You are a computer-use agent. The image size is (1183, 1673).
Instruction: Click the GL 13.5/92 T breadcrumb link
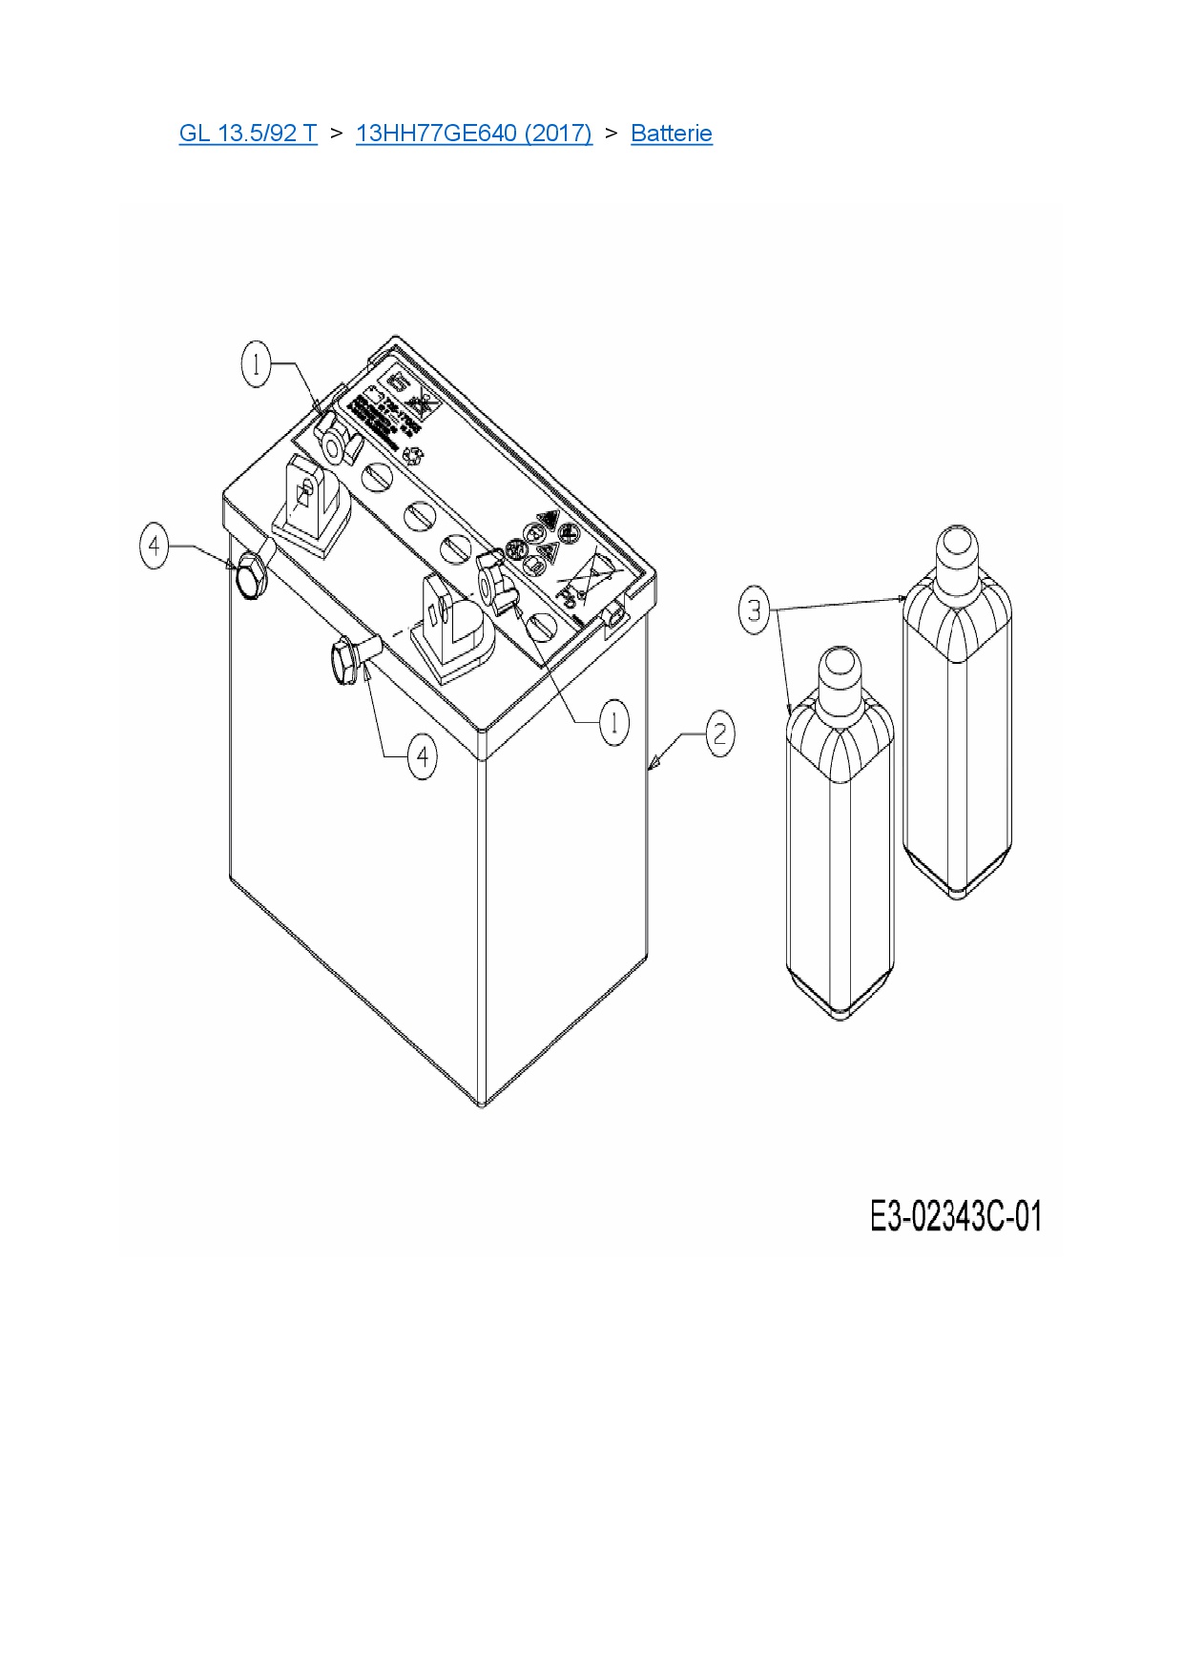click(247, 133)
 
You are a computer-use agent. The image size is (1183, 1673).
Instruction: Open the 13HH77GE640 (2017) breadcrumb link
click(473, 133)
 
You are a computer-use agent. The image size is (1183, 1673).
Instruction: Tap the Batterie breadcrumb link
click(671, 133)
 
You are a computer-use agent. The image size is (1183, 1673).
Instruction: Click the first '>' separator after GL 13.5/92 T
click(336, 133)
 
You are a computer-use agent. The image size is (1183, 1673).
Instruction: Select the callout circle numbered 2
click(719, 733)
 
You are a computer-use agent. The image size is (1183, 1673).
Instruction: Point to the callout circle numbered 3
click(755, 609)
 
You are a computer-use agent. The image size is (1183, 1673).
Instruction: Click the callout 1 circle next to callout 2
click(613, 722)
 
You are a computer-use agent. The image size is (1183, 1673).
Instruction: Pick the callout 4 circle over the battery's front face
click(423, 757)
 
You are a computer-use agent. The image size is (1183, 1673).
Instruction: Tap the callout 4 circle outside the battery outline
click(155, 547)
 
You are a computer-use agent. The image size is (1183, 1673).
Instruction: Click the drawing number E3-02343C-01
click(955, 1217)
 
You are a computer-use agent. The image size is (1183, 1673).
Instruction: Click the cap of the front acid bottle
click(840, 668)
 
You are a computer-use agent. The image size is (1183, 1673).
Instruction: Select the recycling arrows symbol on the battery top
click(413, 457)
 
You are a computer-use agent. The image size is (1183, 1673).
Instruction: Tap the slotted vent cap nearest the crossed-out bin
click(542, 626)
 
